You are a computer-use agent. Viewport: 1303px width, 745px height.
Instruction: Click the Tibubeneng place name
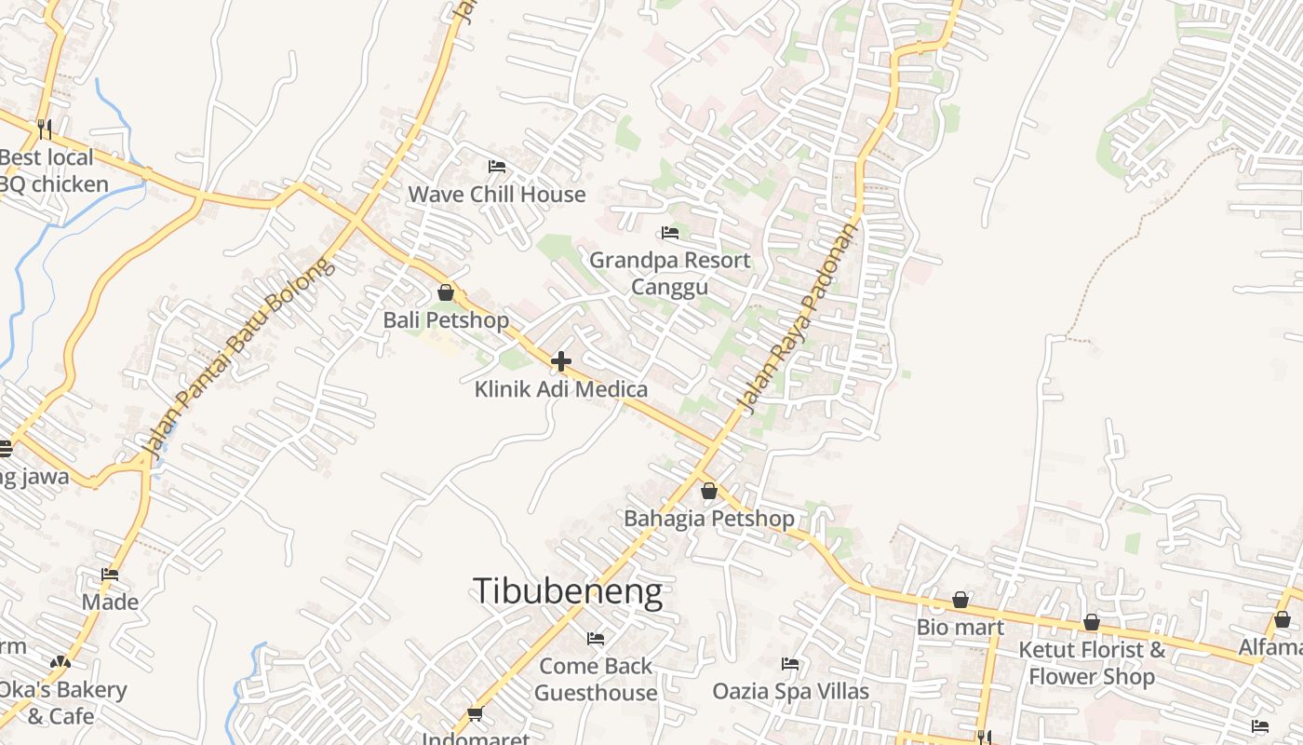pos(568,592)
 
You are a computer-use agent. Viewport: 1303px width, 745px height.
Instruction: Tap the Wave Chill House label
pos(497,195)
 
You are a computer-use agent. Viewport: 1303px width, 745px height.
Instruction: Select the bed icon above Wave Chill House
pos(497,167)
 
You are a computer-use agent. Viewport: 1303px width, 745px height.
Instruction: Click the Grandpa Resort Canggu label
pos(669,273)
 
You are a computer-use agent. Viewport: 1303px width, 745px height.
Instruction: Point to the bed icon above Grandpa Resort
pos(669,232)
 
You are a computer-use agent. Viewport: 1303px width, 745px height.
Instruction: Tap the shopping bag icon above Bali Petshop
pos(446,292)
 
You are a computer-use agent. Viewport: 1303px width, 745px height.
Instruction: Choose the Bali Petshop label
pos(446,320)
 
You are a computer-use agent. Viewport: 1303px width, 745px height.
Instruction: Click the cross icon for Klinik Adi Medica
pos(561,360)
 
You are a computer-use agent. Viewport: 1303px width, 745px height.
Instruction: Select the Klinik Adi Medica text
pos(561,388)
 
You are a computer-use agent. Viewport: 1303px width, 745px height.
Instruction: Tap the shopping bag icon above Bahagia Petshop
pos(709,491)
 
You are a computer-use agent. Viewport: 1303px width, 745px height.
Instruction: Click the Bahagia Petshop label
pos(709,519)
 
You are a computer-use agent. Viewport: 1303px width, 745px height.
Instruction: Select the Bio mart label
pos(960,627)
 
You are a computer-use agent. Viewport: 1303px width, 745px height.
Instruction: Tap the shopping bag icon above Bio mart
pos(960,600)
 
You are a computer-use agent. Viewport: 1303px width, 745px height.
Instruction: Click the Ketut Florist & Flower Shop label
pos(1091,663)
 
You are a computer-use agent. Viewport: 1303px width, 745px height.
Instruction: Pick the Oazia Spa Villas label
pos(790,691)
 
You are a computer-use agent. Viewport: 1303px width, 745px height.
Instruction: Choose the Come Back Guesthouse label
pos(596,679)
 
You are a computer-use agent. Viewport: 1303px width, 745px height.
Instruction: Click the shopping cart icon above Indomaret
pos(476,714)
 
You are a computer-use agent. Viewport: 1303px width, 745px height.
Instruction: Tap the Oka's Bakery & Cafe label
pos(61,703)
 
